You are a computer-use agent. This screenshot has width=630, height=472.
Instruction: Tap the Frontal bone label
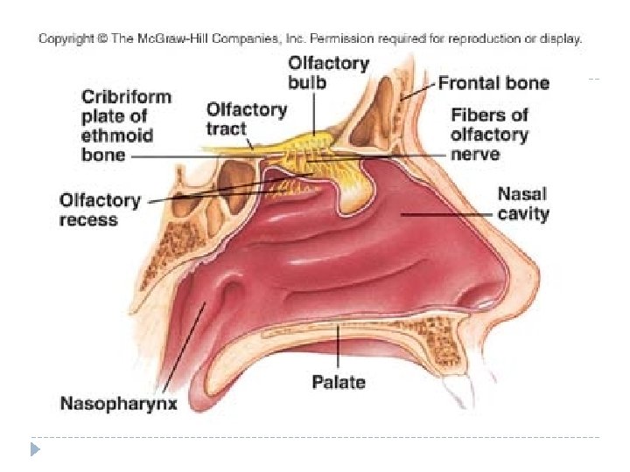point(493,84)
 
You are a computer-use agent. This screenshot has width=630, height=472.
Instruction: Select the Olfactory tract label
point(246,119)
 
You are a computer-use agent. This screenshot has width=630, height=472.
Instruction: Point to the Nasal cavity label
point(523,203)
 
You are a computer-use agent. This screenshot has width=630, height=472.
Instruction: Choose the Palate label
point(339,382)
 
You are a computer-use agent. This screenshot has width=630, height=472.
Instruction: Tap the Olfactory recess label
point(100,210)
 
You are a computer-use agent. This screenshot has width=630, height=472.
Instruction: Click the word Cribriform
point(127,96)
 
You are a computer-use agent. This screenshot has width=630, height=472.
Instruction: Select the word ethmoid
point(117,135)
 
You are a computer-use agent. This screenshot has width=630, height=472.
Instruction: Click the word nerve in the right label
point(475,154)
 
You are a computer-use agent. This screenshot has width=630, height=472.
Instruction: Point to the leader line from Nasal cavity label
point(446,213)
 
